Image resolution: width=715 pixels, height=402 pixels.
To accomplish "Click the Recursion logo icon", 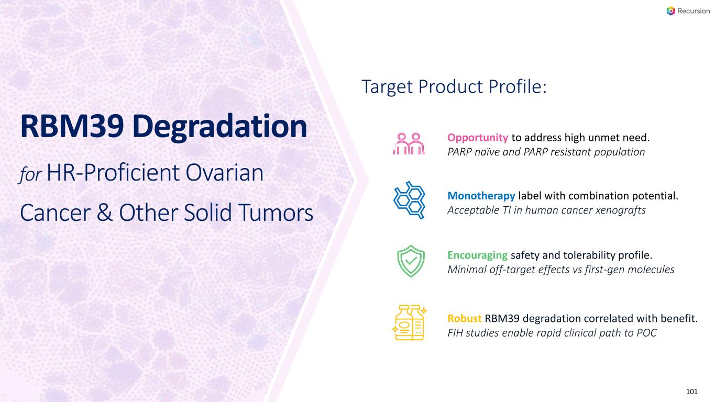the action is [x=670, y=11].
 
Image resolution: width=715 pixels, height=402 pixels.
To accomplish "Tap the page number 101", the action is [x=692, y=392].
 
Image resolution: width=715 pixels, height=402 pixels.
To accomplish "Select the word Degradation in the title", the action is [x=219, y=128].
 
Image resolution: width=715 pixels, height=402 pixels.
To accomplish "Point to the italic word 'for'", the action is [x=30, y=175].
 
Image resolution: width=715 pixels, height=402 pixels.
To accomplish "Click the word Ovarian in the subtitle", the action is [x=224, y=173].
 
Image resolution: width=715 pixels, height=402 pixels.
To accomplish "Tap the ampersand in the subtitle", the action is [x=104, y=213].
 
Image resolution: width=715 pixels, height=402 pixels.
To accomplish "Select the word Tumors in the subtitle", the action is [x=276, y=213].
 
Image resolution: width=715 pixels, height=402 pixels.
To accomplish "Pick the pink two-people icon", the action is [x=409, y=143].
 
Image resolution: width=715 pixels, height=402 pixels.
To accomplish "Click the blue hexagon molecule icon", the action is [x=410, y=200].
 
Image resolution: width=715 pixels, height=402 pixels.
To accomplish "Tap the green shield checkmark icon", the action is [x=411, y=261].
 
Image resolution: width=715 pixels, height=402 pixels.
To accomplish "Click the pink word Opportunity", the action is [x=478, y=138].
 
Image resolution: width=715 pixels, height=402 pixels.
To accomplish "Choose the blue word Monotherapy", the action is [x=481, y=196].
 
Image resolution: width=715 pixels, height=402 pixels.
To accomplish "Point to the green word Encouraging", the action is [x=478, y=255].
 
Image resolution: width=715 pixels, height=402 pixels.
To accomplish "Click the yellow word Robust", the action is [x=465, y=318].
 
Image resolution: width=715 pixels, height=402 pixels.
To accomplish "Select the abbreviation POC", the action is [x=647, y=333].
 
